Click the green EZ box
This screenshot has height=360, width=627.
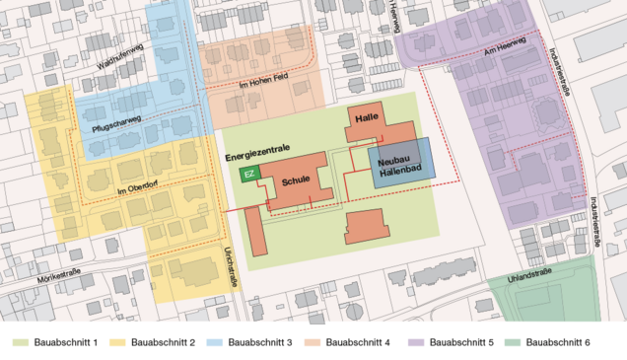[x=249, y=175]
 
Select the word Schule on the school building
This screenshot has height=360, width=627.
[x=296, y=180]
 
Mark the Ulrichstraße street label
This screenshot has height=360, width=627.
[x=233, y=266]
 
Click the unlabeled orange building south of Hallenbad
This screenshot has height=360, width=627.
[x=366, y=225]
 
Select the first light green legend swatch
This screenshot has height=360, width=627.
[x=19, y=341]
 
